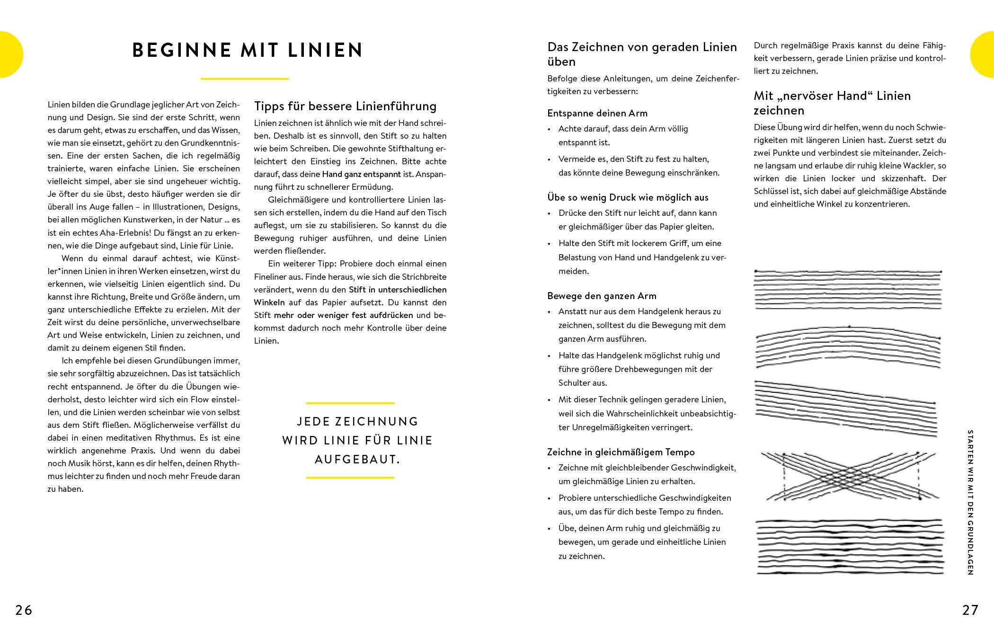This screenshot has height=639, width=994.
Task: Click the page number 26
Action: (x=24, y=610)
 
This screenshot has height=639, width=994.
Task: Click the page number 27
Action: (x=970, y=610)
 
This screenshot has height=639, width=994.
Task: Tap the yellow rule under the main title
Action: (x=244, y=79)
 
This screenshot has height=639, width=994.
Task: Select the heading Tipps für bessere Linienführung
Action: (x=345, y=106)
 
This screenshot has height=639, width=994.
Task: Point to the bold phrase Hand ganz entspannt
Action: (x=361, y=174)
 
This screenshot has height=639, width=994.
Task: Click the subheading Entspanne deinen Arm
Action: (x=597, y=113)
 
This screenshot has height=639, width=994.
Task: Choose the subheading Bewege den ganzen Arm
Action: (x=602, y=296)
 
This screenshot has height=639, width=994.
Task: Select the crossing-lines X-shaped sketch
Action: (x=850, y=476)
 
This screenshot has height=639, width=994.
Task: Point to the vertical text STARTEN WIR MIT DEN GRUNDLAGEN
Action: (x=970, y=502)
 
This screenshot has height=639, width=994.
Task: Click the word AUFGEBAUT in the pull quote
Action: (x=357, y=460)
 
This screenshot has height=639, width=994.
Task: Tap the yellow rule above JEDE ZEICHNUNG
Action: (x=350, y=403)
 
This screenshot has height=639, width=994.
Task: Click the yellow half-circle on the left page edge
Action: (x=9, y=54)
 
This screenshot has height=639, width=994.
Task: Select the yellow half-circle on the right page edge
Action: (x=984, y=54)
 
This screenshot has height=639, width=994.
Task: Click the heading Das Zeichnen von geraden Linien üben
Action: (x=642, y=54)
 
